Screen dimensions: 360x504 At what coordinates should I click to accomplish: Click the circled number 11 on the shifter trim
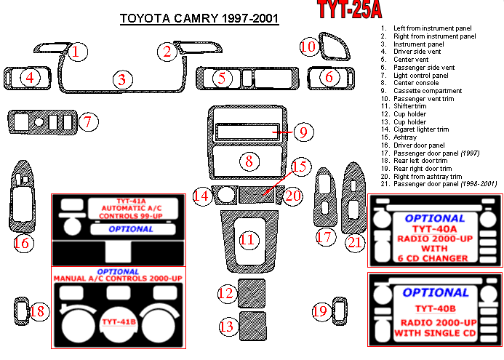pos(248,239)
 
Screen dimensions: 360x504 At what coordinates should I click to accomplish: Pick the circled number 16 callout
pos(23,243)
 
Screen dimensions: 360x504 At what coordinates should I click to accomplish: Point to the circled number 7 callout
pos(87,121)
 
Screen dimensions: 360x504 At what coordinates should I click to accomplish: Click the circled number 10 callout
pos(308,47)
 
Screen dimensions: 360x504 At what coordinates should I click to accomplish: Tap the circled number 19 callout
pos(321,311)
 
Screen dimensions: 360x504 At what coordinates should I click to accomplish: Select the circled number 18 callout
pos(38,311)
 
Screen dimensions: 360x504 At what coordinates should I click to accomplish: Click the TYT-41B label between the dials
pos(119,321)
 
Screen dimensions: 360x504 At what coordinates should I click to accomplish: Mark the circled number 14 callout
pos(201,195)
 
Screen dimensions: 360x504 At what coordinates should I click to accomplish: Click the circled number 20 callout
pos(293,195)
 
